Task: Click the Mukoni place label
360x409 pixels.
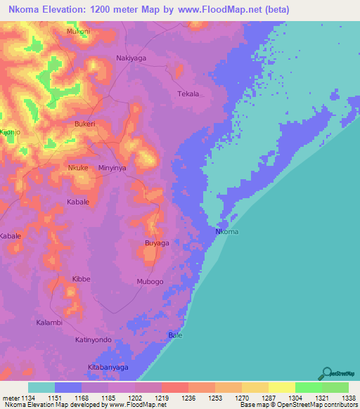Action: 78,32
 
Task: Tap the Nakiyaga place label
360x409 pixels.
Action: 131,59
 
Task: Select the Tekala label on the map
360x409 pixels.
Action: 188,93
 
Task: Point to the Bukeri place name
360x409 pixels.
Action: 84,124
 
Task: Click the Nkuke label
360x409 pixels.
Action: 78,168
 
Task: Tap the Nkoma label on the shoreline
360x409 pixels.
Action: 226,233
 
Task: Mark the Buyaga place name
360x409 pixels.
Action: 157,243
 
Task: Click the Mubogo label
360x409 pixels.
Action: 150,282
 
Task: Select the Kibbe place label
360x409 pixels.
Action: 82,279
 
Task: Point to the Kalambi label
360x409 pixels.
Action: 49,323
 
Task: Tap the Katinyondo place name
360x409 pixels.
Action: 94,340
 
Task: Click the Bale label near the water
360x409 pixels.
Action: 175,336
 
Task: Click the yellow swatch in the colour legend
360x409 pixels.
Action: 281,387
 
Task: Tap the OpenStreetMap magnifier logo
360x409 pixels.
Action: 326,373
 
